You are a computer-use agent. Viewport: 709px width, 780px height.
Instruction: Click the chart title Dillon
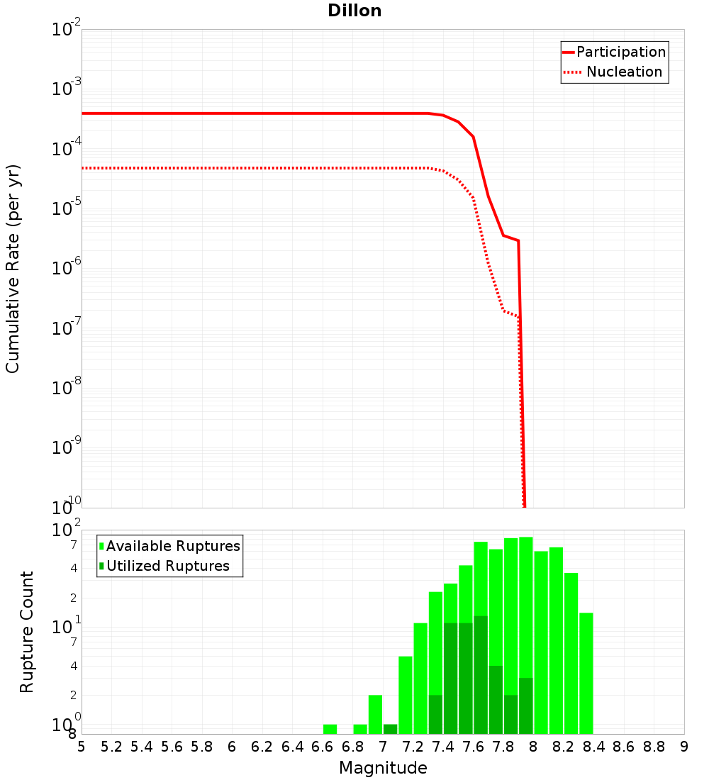click(354, 11)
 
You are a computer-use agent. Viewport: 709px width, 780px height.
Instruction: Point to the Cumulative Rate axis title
click(13, 268)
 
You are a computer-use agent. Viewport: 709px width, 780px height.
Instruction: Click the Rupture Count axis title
click(27, 632)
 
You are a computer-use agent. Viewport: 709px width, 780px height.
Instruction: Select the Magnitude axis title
click(383, 767)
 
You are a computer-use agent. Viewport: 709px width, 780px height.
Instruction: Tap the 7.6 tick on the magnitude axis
click(474, 747)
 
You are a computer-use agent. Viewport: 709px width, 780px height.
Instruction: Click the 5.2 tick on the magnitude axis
click(112, 747)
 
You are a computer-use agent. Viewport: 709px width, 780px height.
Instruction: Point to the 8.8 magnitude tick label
click(654, 747)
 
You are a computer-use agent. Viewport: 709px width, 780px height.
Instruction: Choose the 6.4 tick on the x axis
click(293, 747)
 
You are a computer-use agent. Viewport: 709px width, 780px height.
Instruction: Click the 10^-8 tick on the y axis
click(66, 387)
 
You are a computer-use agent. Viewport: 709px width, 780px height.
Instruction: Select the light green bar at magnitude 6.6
click(330, 729)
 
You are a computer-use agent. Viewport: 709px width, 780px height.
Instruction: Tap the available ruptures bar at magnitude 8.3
click(586, 674)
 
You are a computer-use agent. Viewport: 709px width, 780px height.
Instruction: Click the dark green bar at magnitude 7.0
click(390, 729)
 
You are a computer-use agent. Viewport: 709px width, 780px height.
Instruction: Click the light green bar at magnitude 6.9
click(360, 729)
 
